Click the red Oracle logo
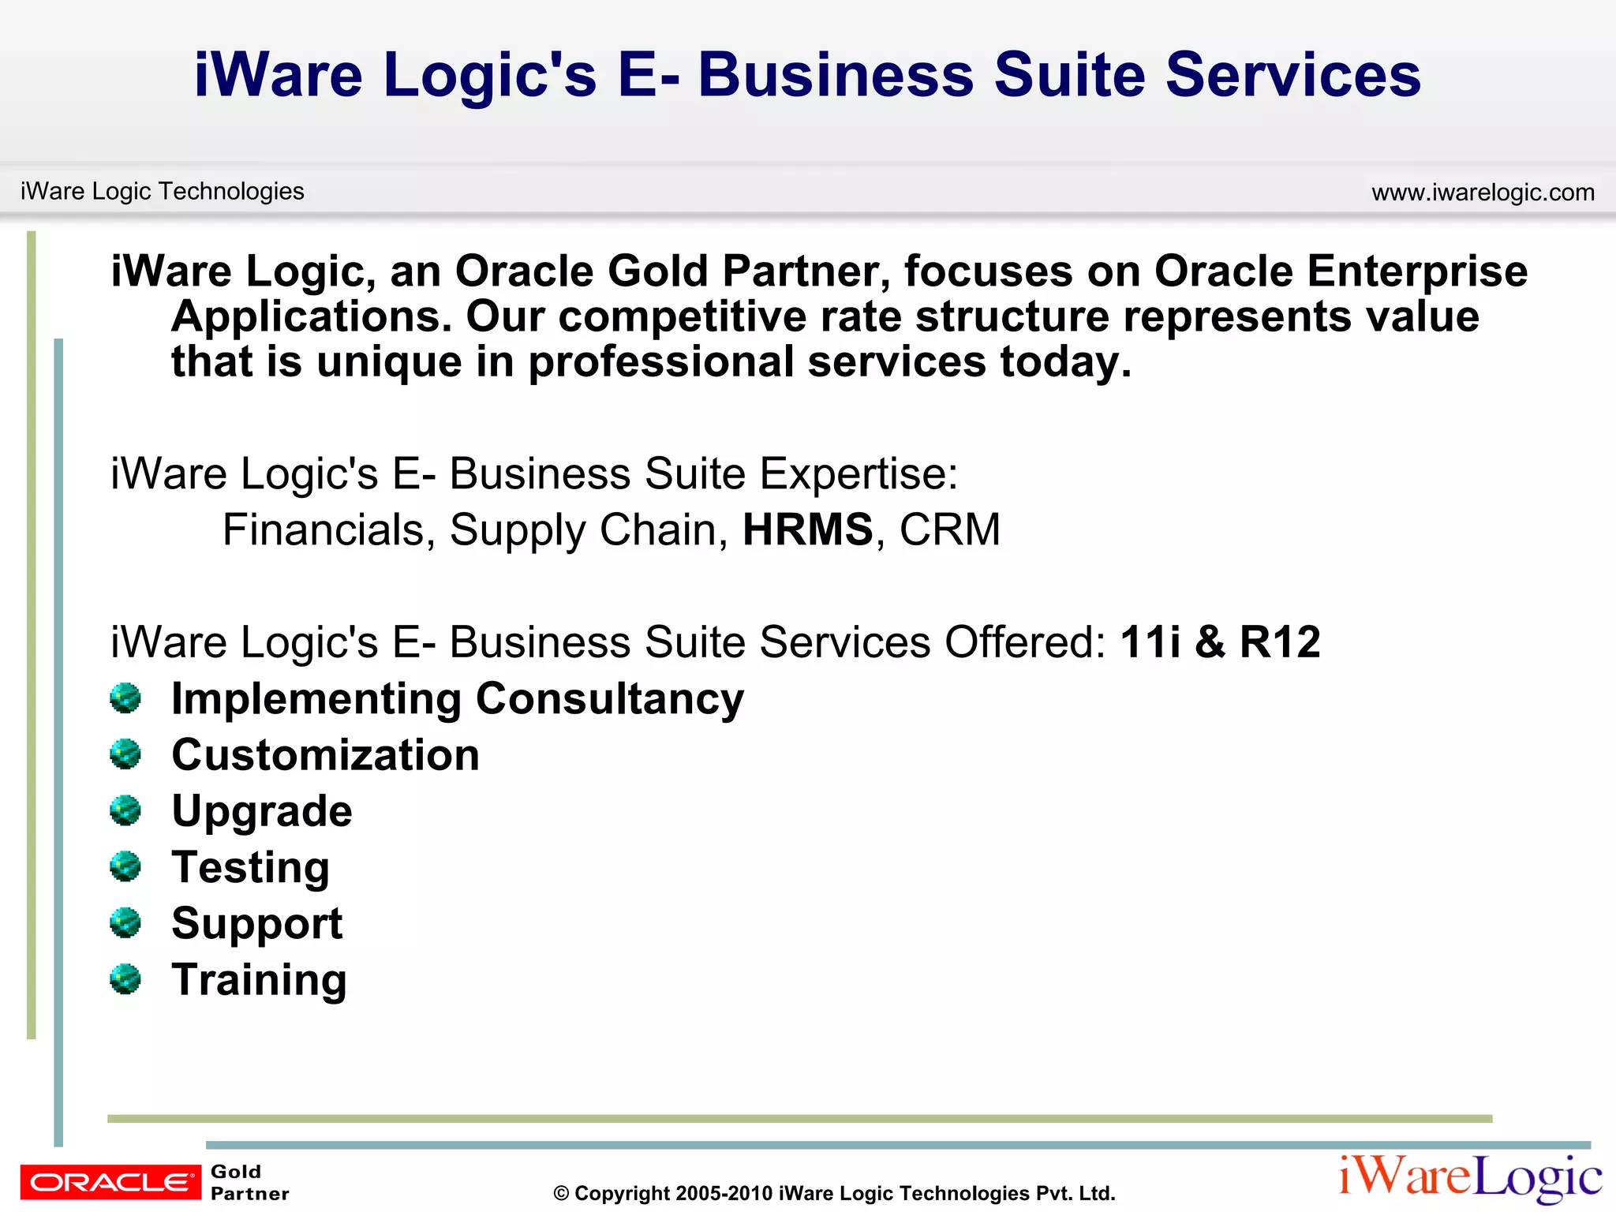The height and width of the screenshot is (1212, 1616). click(x=110, y=1181)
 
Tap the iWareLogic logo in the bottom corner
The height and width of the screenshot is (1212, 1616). click(x=1470, y=1177)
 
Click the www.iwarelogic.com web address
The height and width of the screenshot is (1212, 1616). click(x=1483, y=193)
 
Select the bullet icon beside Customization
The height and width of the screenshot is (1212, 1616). click(x=125, y=754)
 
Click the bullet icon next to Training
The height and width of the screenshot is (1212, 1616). click(x=125, y=979)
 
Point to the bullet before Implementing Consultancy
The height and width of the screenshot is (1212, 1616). click(x=125, y=698)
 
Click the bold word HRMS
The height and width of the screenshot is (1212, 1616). click(x=807, y=529)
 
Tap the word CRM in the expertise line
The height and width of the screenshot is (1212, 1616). click(x=949, y=529)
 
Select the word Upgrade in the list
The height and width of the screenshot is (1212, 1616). click(x=262, y=812)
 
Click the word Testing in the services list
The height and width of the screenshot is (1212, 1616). click(x=251, y=868)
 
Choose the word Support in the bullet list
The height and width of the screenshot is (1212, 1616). click(x=257, y=924)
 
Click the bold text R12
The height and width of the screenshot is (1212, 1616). click(x=1280, y=642)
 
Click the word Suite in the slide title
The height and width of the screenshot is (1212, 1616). click(x=1069, y=75)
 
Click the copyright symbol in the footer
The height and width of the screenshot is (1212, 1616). click(x=561, y=1194)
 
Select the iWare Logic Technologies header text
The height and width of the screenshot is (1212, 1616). click(x=162, y=191)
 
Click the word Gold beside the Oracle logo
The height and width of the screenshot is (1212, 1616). click(x=236, y=1172)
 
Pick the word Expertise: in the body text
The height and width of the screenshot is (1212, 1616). click(x=858, y=474)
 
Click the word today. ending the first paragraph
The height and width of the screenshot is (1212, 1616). click(x=1065, y=362)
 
